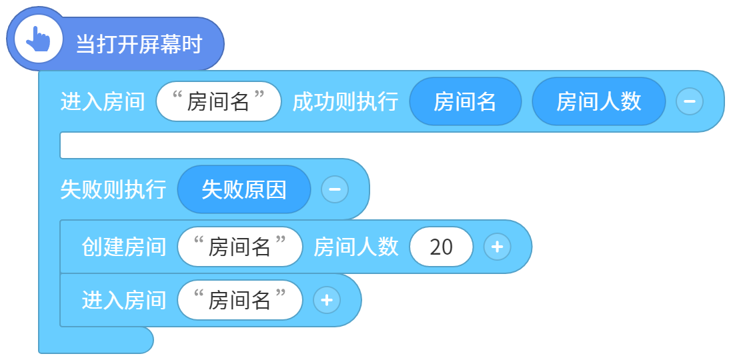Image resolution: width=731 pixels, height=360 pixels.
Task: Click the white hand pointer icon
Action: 38,39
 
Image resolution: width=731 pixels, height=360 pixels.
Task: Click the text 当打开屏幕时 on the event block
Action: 139,45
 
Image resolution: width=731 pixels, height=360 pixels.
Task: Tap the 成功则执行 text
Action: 345,101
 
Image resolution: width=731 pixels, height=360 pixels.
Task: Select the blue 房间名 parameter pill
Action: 465,101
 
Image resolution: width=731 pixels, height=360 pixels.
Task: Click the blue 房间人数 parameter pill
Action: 598,101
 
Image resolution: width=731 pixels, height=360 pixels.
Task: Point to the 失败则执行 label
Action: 113,189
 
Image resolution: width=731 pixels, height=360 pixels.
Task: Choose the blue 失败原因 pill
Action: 244,189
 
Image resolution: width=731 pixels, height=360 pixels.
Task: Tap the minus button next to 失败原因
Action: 335,189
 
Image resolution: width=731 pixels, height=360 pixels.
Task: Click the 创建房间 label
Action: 124,247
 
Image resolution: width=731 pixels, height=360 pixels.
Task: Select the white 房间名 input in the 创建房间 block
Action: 239,247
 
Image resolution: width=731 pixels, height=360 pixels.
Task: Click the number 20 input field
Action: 441,247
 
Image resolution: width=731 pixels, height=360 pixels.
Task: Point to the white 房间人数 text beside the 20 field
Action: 355,247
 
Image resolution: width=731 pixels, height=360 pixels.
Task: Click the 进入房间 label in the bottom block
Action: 124,301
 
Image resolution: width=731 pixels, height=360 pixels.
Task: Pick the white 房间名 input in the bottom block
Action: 239,301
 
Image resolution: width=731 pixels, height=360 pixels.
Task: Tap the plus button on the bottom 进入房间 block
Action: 327,300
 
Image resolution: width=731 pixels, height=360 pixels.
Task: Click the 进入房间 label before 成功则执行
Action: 103,101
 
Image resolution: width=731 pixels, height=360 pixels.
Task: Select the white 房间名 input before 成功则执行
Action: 219,101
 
